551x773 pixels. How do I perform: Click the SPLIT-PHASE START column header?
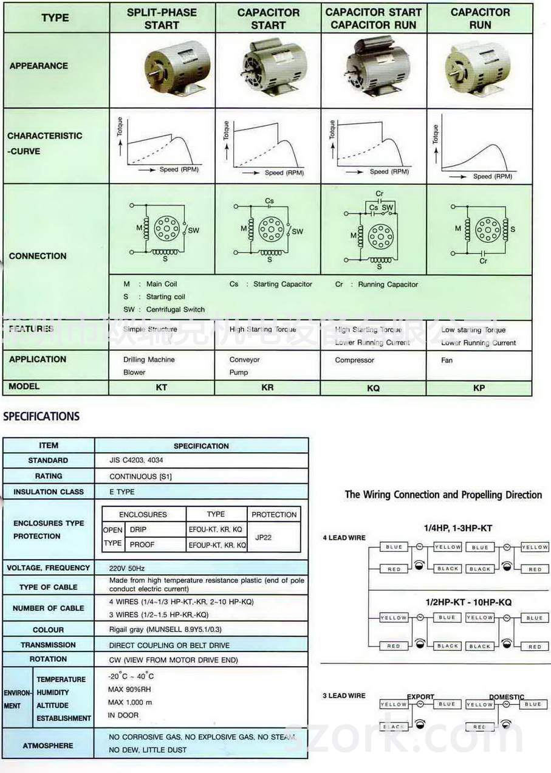(162, 19)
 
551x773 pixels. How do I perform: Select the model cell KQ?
(373, 388)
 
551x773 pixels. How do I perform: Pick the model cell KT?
(162, 387)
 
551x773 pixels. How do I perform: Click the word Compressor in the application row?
(355, 360)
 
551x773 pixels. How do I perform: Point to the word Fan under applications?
(447, 360)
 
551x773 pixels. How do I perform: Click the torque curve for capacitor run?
(477, 156)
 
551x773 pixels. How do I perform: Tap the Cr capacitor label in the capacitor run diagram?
(484, 261)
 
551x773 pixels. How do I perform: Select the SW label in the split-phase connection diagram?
(193, 231)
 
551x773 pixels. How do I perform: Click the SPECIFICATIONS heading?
(41, 417)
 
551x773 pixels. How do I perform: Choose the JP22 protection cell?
(273, 537)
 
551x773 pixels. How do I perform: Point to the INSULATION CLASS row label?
(49, 492)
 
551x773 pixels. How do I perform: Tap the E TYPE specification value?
(122, 492)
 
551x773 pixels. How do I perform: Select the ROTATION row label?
(48, 659)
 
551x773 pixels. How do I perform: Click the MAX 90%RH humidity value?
(129, 689)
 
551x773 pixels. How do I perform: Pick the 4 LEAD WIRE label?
(344, 538)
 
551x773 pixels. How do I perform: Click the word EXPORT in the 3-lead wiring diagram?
(420, 696)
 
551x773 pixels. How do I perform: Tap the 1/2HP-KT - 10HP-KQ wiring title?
(468, 602)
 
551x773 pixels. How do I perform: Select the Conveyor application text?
(244, 360)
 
